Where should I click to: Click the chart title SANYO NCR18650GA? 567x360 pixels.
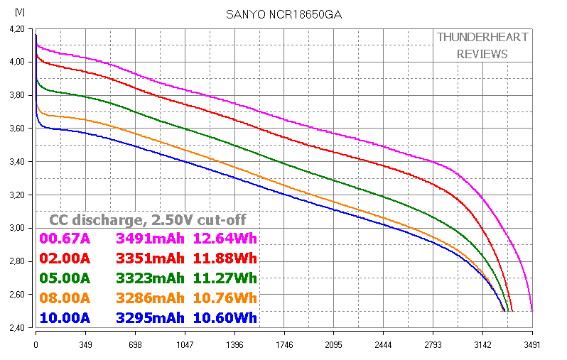coord(283,14)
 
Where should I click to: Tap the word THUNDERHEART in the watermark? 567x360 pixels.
coord(482,37)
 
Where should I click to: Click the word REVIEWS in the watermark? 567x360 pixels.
coord(482,54)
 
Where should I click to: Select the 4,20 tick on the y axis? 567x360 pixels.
coord(18,29)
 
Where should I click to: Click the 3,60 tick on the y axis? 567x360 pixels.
coord(18,129)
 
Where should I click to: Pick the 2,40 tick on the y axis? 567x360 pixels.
coord(18,328)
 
